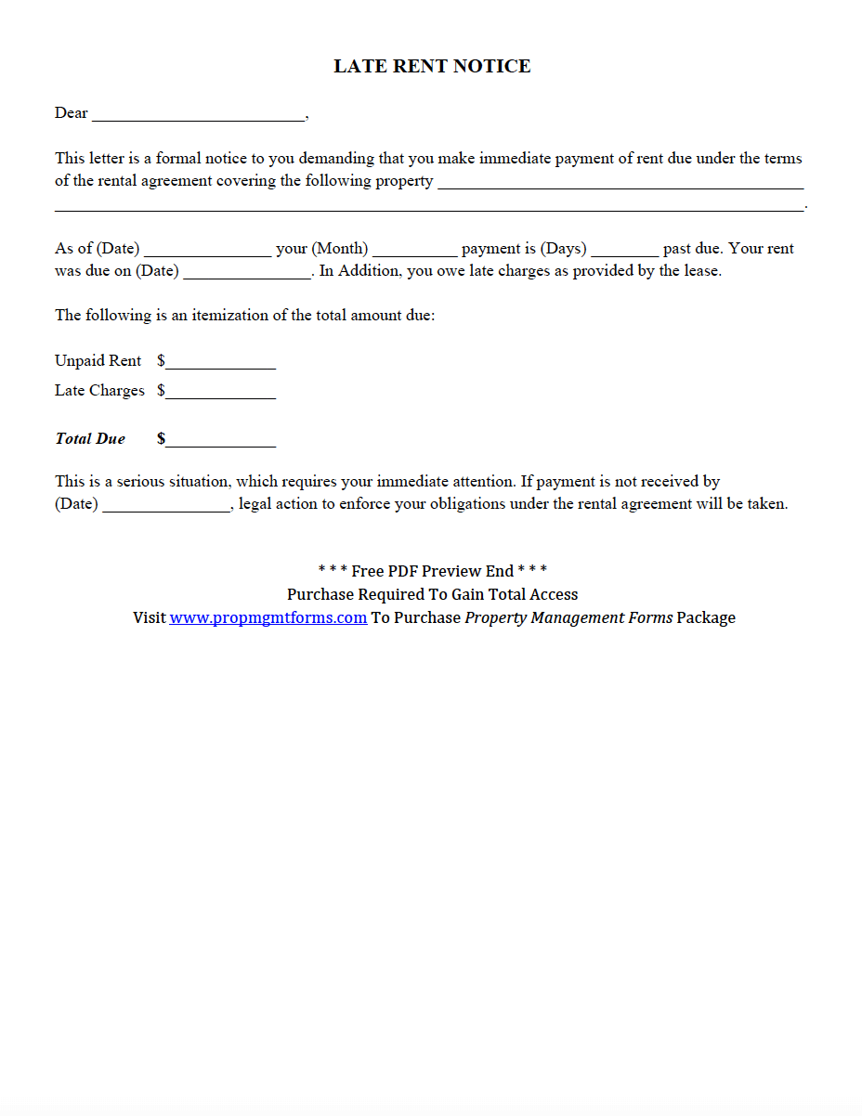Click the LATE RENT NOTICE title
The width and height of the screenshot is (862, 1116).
tap(432, 66)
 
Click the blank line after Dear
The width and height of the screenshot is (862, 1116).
tap(198, 115)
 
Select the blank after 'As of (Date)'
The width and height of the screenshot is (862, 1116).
tap(208, 250)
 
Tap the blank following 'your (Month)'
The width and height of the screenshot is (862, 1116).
tap(414, 250)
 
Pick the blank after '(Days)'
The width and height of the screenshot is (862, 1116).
tap(624, 250)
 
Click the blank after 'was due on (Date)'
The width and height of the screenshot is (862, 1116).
tap(247, 272)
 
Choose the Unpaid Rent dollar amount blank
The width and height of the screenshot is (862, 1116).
tap(220, 363)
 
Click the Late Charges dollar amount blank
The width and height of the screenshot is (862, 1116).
tap(220, 393)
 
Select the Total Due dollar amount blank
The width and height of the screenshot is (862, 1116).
tap(220, 441)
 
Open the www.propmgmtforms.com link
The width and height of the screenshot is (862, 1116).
tap(268, 617)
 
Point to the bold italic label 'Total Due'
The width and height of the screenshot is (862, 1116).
tap(90, 438)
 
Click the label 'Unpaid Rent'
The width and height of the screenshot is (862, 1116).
tap(98, 360)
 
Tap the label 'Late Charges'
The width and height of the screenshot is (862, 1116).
tap(99, 390)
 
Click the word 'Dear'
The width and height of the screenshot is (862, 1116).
tap(72, 113)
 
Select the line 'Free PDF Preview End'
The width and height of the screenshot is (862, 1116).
tap(432, 571)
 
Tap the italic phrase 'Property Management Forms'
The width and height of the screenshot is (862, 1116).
tap(568, 617)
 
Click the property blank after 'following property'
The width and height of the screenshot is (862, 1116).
tap(620, 183)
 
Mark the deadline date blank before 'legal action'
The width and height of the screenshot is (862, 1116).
tap(166, 506)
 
